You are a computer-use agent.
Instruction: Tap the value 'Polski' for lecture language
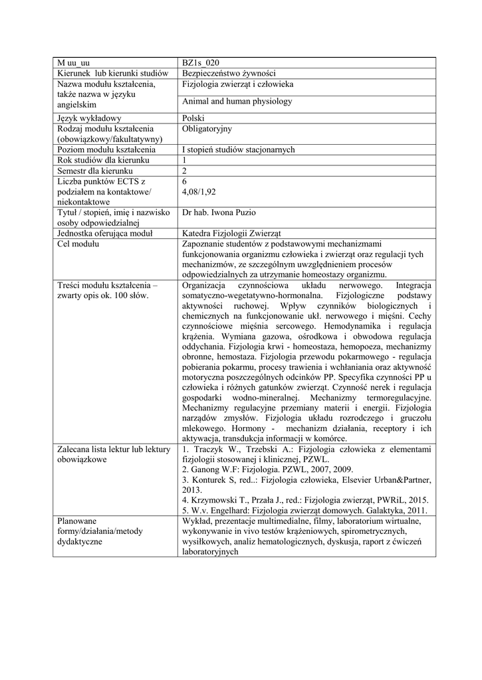(x=194, y=118)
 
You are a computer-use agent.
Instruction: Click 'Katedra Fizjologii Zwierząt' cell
(x=232, y=234)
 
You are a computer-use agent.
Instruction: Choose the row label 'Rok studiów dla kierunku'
(x=103, y=160)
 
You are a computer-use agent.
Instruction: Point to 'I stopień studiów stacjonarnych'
(x=238, y=150)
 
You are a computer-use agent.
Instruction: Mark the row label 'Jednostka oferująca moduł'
(x=105, y=234)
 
